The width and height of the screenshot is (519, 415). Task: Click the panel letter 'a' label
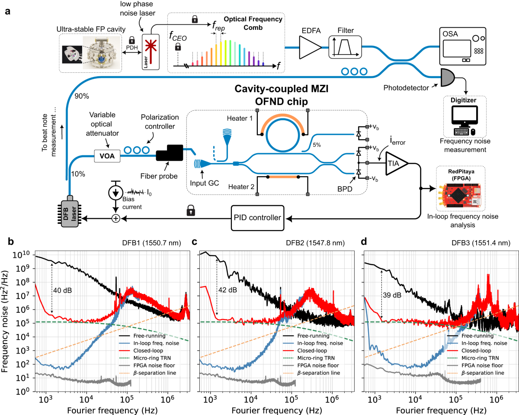[7, 11]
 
